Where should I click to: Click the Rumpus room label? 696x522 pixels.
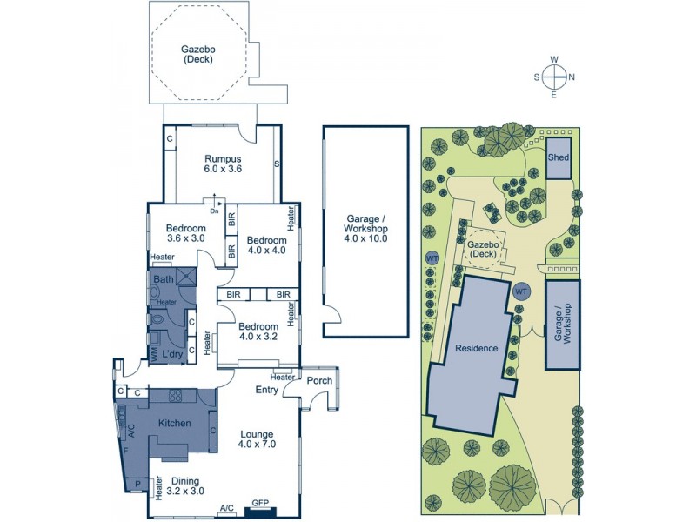223,164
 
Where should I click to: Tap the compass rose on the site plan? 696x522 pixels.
554,77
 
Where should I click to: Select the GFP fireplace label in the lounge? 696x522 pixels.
260,503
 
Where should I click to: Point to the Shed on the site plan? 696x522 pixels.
558,157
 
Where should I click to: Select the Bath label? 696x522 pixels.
163,279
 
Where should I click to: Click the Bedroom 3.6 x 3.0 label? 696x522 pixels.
185,233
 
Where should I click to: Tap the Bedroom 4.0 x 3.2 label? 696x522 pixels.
258,332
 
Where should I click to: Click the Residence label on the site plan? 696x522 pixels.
476,348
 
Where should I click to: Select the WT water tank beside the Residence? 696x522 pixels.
521,291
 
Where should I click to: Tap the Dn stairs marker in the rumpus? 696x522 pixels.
214,210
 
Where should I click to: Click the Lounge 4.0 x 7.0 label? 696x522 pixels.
258,439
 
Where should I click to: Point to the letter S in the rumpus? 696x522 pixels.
277,164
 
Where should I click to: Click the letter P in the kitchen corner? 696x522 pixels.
137,485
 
